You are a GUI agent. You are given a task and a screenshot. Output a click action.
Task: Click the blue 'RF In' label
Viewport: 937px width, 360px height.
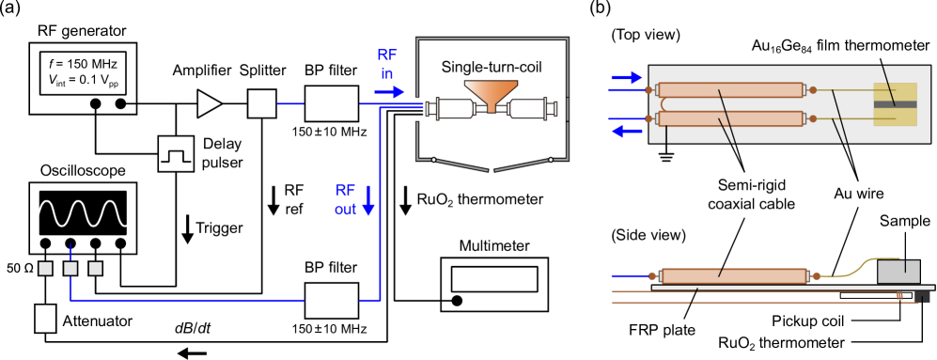(386, 64)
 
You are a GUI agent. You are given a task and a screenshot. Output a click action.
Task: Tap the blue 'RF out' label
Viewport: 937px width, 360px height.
(345, 199)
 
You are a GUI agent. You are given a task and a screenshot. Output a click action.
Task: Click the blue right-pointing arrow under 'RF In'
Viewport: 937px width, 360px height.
(389, 92)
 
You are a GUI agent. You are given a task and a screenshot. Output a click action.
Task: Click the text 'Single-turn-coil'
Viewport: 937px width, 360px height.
(492, 68)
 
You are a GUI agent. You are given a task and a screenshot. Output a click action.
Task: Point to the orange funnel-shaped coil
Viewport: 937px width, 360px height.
(492, 95)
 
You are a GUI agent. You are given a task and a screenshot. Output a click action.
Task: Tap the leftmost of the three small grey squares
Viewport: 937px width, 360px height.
(45, 269)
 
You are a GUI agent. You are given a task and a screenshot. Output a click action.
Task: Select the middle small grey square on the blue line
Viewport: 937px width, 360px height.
(70, 269)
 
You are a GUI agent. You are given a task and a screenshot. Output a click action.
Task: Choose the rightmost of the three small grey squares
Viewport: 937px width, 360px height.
(95, 269)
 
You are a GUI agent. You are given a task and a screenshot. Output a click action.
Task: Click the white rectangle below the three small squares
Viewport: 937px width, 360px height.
(45, 319)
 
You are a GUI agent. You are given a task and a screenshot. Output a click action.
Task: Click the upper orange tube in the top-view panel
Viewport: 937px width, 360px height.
(731, 90)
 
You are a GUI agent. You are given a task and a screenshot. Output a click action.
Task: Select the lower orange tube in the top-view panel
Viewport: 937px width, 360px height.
(731, 118)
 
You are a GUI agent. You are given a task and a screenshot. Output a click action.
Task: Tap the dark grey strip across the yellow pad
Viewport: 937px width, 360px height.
(895, 104)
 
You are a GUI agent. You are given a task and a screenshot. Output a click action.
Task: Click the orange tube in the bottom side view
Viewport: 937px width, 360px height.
(733, 276)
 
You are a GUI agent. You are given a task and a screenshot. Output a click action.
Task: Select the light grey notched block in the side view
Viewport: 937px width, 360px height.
(898, 272)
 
